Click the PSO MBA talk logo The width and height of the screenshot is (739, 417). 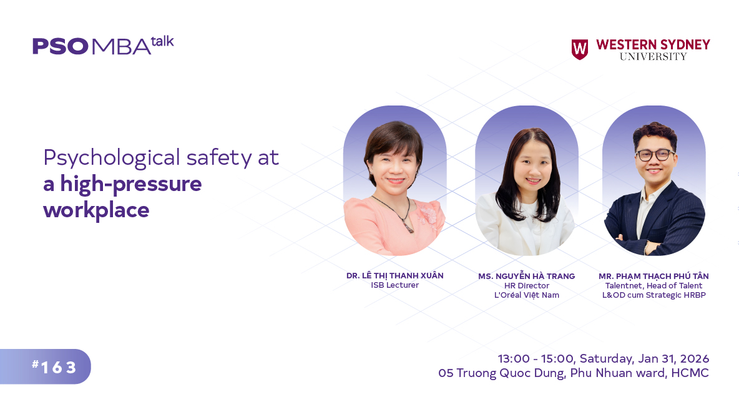103,46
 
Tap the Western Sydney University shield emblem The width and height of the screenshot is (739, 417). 579,49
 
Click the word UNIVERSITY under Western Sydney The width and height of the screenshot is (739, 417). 653,57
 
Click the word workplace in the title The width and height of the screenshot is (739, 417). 96,210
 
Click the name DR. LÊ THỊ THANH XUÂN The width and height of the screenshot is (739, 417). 395,276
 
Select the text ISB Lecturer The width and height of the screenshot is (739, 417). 395,285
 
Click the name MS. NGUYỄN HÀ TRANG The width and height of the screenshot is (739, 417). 526,276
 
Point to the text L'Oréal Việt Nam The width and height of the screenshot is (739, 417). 526,295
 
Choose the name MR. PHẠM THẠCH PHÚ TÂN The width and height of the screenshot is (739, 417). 653,276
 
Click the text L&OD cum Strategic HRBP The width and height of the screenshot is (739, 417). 653,295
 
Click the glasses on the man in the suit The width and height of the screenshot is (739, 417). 655,155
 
